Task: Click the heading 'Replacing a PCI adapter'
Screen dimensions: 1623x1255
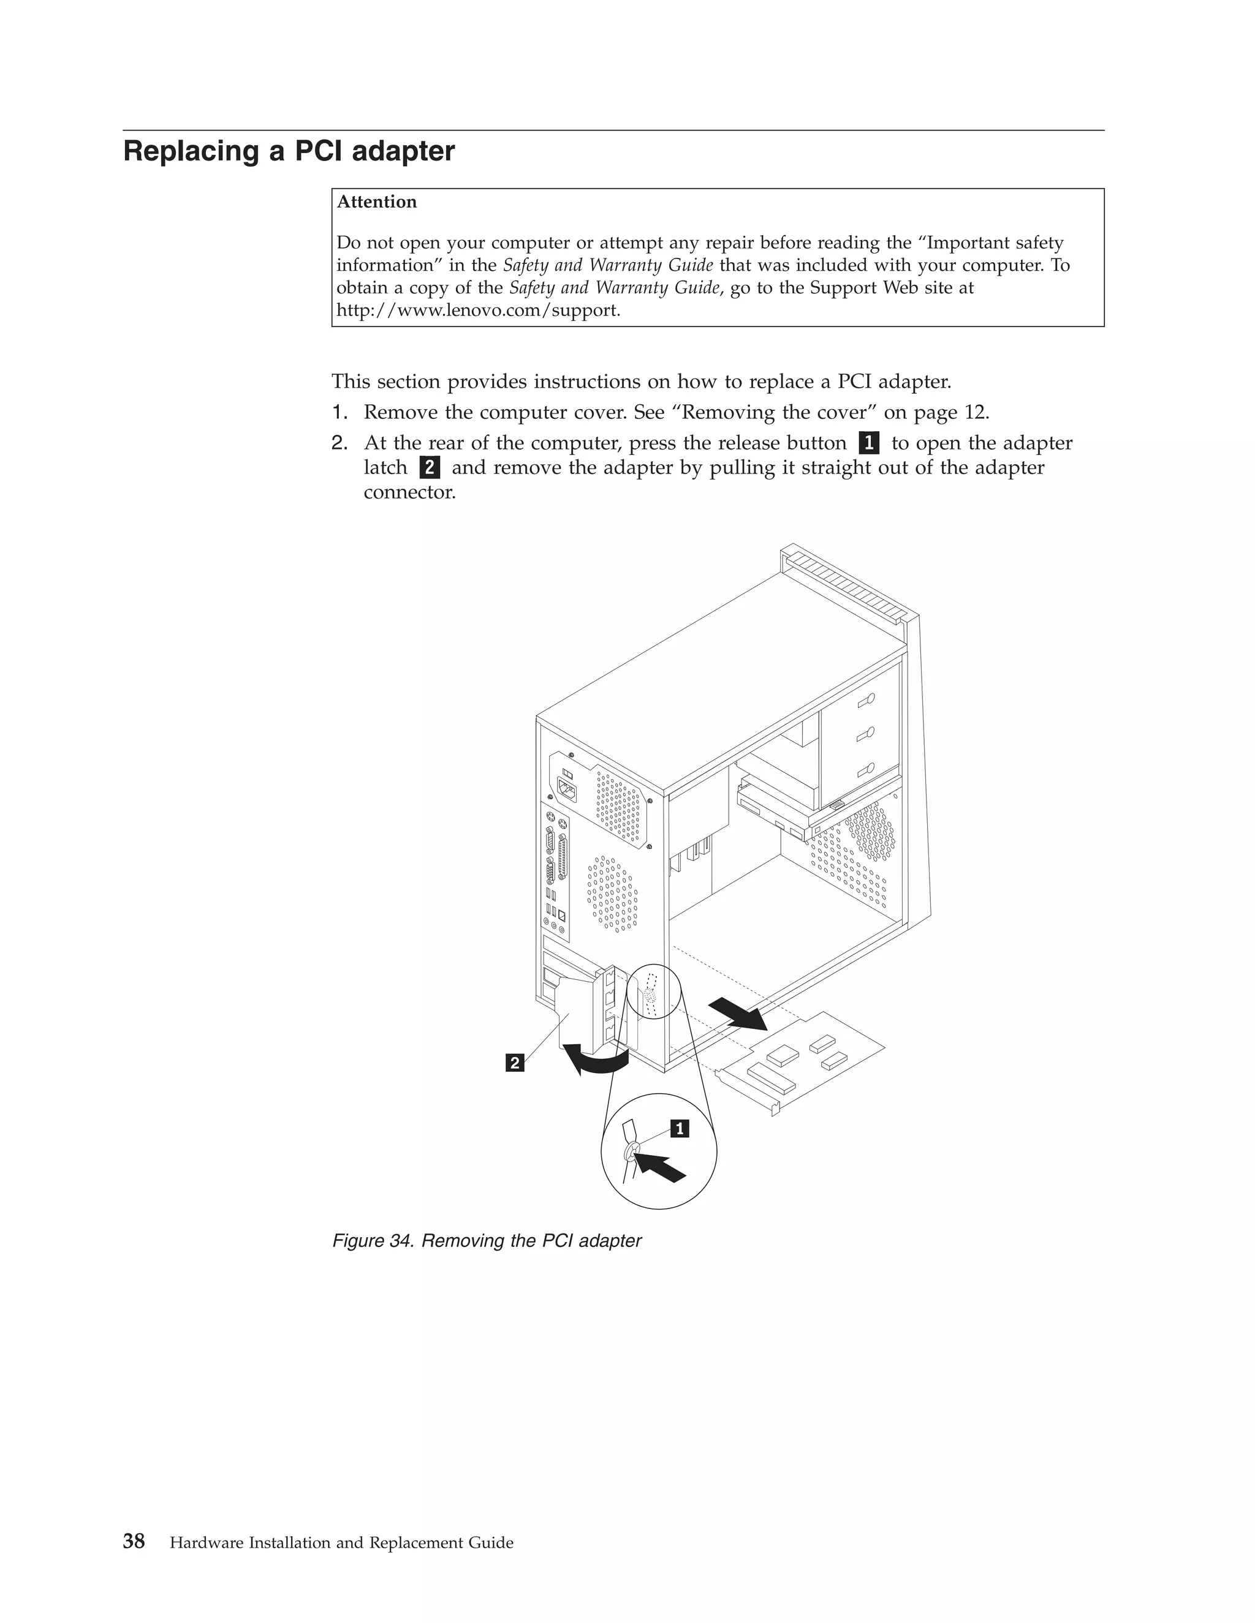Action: [x=289, y=152]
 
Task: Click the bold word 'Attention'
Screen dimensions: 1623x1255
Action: [x=376, y=202]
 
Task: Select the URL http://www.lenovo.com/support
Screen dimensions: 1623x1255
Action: [x=477, y=310]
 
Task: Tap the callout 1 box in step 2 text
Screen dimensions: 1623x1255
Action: [x=868, y=443]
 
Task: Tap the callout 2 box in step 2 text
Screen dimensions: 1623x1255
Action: [x=429, y=468]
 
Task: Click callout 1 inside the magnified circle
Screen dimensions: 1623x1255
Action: [x=680, y=1129]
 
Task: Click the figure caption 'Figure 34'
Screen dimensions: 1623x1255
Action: [x=486, y=1241]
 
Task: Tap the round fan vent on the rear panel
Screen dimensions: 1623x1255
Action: [x=612, y=892]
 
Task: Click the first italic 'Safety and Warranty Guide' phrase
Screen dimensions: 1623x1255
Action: [x=607, y=265]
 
